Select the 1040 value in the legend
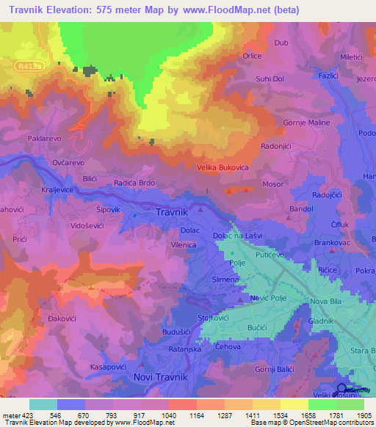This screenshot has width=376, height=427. coord(168,415)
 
